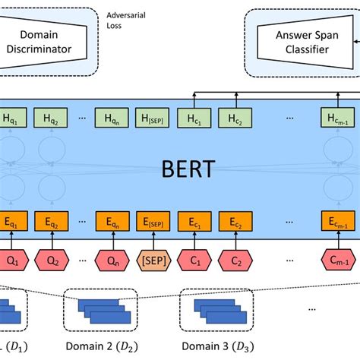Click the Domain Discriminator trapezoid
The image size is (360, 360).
pyautogui.click(x=43, y=42)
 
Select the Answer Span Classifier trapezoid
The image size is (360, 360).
pyautogui.click(x=305, y=42)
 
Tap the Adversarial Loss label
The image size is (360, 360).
pyautogui.click(x=126, y=21)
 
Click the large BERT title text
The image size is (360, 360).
pyautogui.click(x=188, y=169)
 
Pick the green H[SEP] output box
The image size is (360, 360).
pyautogui.click(x=152, y=118)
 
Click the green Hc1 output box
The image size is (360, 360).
pyautogui.click(x=194, y=118)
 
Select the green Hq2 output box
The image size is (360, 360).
pyautogui.click(x=51, y=118)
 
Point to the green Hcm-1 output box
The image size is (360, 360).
pyautogui.click(x=338, y=118)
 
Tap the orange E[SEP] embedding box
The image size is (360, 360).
pyautogui.click(x=153, y=222)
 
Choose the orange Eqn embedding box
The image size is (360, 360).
pyautogui.click(x=112, y=222)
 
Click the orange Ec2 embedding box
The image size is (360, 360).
pyautogui.click(x=235, y=222)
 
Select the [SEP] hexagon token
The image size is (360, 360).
pyautogui.click(x=153, y=261)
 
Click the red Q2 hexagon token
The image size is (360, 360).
pyautogui.click(x=52, y=261)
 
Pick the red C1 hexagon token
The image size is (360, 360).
pyautogui.click(x=194, y=261)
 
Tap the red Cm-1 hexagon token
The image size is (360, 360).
pyautogui.click(x=339, y=261)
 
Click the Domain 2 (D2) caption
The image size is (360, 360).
pyautogui.click(x=102, y=346)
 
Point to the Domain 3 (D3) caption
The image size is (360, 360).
pyautogui.click(x=218, y=346)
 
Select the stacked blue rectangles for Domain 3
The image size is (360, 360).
pyautogui.click(x=220, y=311)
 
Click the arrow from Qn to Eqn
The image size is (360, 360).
pyautogui.click(x=113, y=241)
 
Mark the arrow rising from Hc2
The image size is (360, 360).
pyautogui.click(x=236, y=100)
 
